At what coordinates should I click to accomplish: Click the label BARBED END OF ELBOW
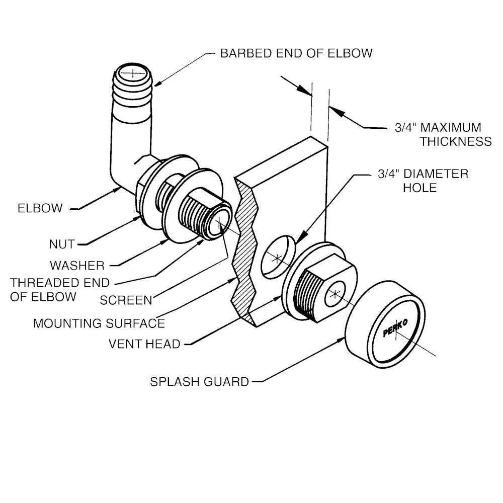[296, 53]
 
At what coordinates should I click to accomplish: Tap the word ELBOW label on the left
[40, 208]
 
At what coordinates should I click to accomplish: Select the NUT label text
[62, 244]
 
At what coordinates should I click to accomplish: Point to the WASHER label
[77, 265]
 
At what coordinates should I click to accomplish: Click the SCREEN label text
[126, 300]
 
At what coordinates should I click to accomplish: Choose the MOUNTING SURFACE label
[99, 323]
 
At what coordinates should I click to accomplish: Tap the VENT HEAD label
[145, 345]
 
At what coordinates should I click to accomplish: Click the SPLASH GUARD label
[200, 382]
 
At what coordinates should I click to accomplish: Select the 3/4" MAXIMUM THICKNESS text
[443, 134]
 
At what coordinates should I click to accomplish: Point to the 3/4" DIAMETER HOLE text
[423, 181]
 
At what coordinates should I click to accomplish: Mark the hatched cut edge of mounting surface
[244, 251]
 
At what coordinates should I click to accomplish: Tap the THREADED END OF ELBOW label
[60, 289]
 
